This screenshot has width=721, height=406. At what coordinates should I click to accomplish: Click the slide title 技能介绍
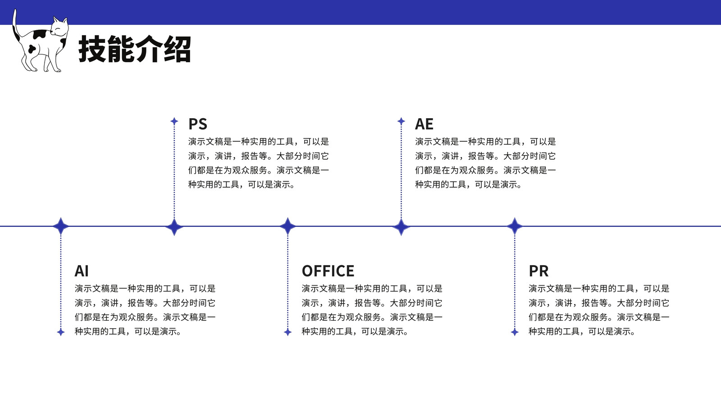pos(135,49)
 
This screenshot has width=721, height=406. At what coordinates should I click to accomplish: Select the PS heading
pos(198,124)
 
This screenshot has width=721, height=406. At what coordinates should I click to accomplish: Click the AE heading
pos(424,124)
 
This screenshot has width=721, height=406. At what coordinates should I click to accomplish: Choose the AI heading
pos(82,271)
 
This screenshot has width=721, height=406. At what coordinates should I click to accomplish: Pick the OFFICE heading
pos(328,271)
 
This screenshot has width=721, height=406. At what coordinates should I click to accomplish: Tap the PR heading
pos(538,271)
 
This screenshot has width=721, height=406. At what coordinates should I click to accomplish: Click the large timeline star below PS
pos(174,226)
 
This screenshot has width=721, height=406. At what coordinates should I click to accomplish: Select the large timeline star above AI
pos(61,226)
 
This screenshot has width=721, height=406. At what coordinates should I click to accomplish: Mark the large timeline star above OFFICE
pos(288,226)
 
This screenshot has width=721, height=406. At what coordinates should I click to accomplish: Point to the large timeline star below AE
pos(401,226)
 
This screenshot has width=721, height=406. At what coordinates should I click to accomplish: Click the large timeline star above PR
pos(515,226)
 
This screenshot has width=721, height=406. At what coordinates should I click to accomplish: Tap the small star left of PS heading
pos(174,121)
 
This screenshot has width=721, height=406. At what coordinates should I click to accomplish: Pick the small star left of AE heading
pos(401,121)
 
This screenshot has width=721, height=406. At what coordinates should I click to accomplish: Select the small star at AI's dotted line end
pos(61,332)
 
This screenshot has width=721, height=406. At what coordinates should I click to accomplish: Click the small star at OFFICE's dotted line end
pos(288,332)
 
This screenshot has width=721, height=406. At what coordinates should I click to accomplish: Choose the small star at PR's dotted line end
pos(515,332)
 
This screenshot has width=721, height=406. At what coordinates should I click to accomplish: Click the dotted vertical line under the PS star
pos(174,172)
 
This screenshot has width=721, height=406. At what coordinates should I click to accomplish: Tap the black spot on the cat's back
pos(40,33)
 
